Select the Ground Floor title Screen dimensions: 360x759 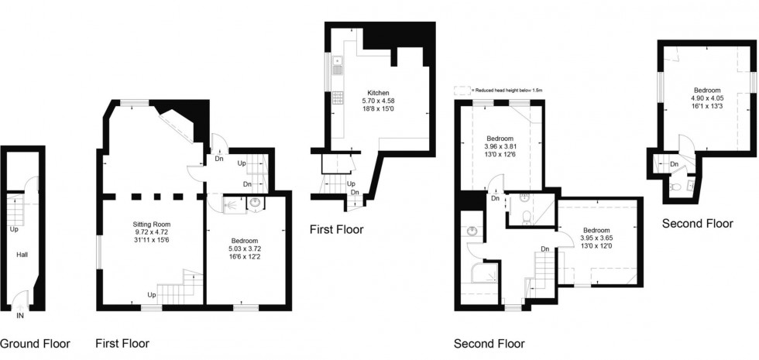(35, 344)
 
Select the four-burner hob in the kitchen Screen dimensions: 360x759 (338, 98)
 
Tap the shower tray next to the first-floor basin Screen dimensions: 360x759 (230, 204)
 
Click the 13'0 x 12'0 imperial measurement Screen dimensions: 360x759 (596, 245)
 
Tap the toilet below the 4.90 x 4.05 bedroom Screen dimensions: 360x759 (678, 187)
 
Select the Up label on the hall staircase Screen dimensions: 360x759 (14, 228)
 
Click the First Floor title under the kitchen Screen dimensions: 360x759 (336, 229)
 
